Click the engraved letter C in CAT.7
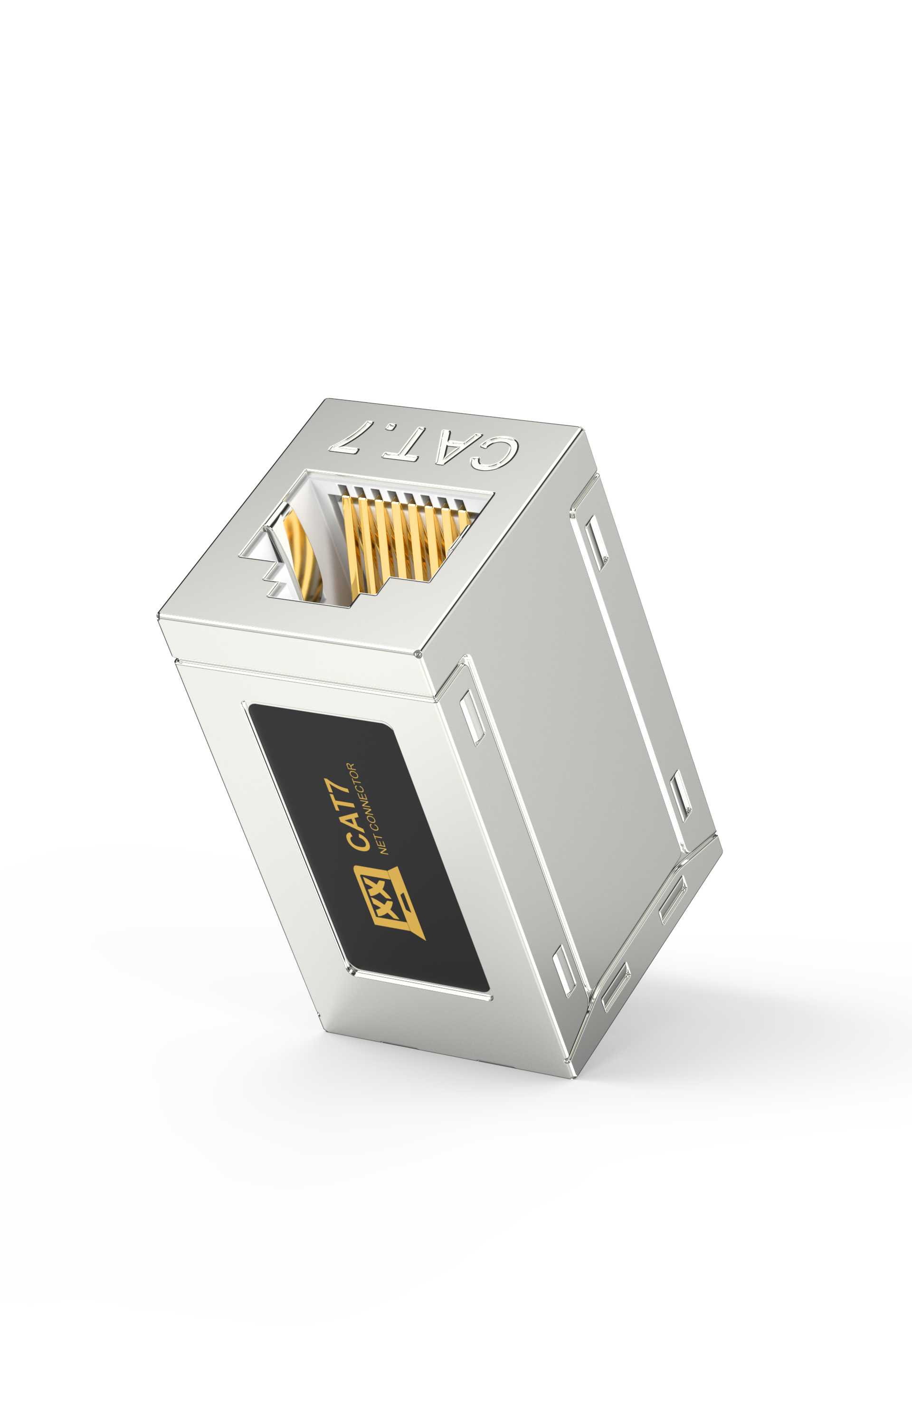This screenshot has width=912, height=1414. coord(494,453)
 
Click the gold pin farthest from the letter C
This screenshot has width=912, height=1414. coord(351,545)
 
